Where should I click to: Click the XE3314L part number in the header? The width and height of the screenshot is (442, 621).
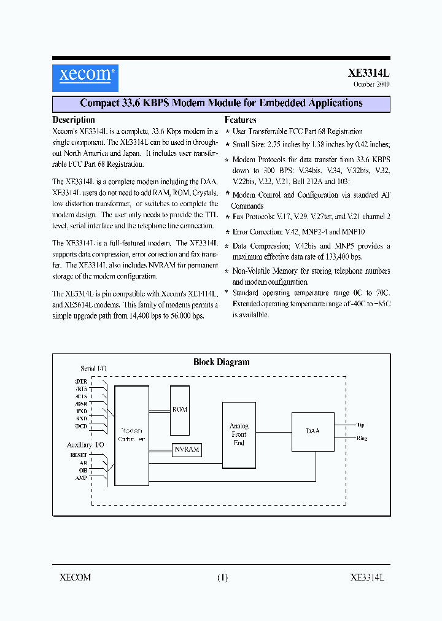[x=369, y=72]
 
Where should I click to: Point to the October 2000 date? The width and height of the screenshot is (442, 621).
[x=371, y=85]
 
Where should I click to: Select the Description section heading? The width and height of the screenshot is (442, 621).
[x=74, y=120]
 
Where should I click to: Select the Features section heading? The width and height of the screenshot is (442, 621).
[x=240, y=120]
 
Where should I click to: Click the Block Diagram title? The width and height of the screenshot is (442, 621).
[x=222, y=362]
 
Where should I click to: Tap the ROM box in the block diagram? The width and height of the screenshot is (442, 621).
[x=180, y=409]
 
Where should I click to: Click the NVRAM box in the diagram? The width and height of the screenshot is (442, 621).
[x=187, y=449]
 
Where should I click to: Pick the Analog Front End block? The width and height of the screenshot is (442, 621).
[x=239, y=434]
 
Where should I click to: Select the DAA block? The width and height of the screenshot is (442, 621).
[x=312, y=431]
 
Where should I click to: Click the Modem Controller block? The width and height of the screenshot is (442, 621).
[x=132, y=435]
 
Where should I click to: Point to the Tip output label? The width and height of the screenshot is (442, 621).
[x=360, y=425]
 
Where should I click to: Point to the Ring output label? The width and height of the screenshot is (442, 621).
[x=362, y=439]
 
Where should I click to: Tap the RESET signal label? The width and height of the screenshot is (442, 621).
[x=79, y=455]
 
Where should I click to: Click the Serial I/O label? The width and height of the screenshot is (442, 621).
[x=93, y=369]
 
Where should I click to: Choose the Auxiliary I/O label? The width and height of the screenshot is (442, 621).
[x=85, y=444]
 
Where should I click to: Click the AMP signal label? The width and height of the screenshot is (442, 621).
[x=81, y=477]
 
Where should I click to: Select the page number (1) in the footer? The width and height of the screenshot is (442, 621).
[x=222, y=577]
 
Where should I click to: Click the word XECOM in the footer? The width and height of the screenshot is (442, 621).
[x=76, y=577]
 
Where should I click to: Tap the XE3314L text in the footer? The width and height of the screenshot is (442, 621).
[x=366, y=577]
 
